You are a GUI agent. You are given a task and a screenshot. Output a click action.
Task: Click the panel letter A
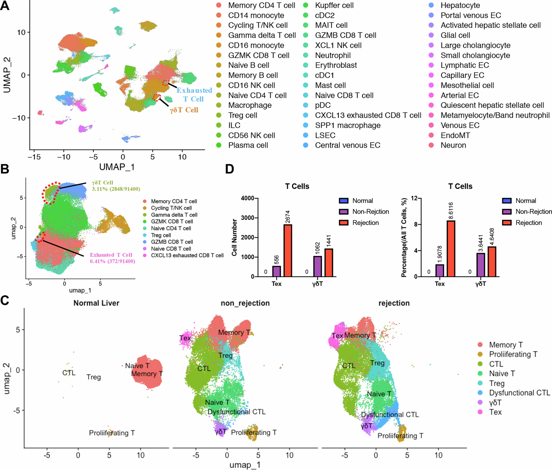pos(5,6)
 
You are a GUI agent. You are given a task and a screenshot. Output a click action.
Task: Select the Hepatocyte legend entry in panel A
pos(460,5)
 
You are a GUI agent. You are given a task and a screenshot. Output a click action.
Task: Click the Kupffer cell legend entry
pos(334,5)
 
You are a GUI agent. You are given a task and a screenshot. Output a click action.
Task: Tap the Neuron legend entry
pos(453,145)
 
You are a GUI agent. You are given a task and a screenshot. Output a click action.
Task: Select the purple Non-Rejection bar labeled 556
pos(277,271)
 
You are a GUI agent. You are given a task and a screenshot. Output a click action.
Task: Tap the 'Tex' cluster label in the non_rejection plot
pos(185,338)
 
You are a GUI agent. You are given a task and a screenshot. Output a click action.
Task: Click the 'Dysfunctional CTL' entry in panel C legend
pos(519,393)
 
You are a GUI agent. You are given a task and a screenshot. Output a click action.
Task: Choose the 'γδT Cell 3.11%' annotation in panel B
pos(116,186)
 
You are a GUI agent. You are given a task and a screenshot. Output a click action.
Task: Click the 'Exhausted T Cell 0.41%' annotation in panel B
pos(112,258)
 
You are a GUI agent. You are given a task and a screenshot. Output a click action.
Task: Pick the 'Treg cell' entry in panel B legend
pos(161,235)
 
